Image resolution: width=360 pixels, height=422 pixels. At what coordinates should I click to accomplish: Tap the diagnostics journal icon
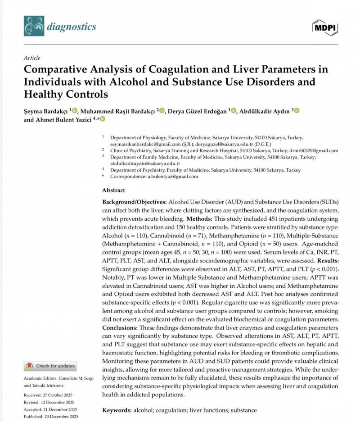34,26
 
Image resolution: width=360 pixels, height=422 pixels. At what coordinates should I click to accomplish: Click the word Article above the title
31,58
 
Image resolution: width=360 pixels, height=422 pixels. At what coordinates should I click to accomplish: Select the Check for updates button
50,366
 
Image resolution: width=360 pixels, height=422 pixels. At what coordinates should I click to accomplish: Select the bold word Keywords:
117,410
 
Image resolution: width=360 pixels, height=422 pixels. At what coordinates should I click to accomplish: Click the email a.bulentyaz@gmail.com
173,177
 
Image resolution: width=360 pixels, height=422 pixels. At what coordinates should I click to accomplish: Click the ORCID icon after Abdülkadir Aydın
297,111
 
